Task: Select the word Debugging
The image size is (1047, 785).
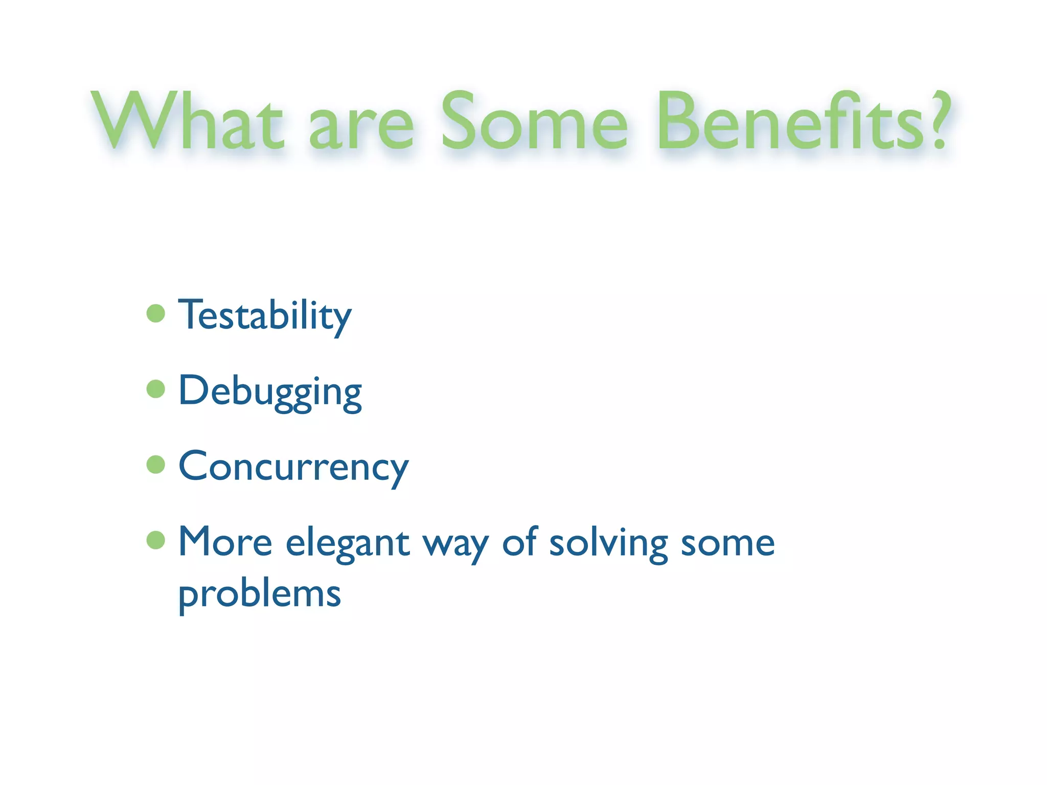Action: pyautogui.click(x=270, y=391)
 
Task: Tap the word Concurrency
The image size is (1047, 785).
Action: pyautogui.click(x=293, y=467)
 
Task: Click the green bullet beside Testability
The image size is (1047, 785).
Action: pyautogui.click(x=155, y=313)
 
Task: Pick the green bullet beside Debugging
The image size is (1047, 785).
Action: pyautogui.click(x=155, y=389)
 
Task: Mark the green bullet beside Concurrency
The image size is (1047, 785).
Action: pyautogui.click(x=155, y=465)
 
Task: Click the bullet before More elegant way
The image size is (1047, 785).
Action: pyautogui.click(x=155, y=540)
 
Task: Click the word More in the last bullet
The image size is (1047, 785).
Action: pyautogui.click(x=225, y=542)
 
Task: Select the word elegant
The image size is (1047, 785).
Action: pyautogui.click(x=348, y=543)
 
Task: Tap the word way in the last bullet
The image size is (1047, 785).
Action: pyautogui.click(x=456, y=545)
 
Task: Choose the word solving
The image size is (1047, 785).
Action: pyautogui.click(x=608, y=543)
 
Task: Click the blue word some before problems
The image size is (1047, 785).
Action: pyautogui.click(x=727, y=543)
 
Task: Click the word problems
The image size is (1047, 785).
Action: pyautogui.click(x=259, y=595)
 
